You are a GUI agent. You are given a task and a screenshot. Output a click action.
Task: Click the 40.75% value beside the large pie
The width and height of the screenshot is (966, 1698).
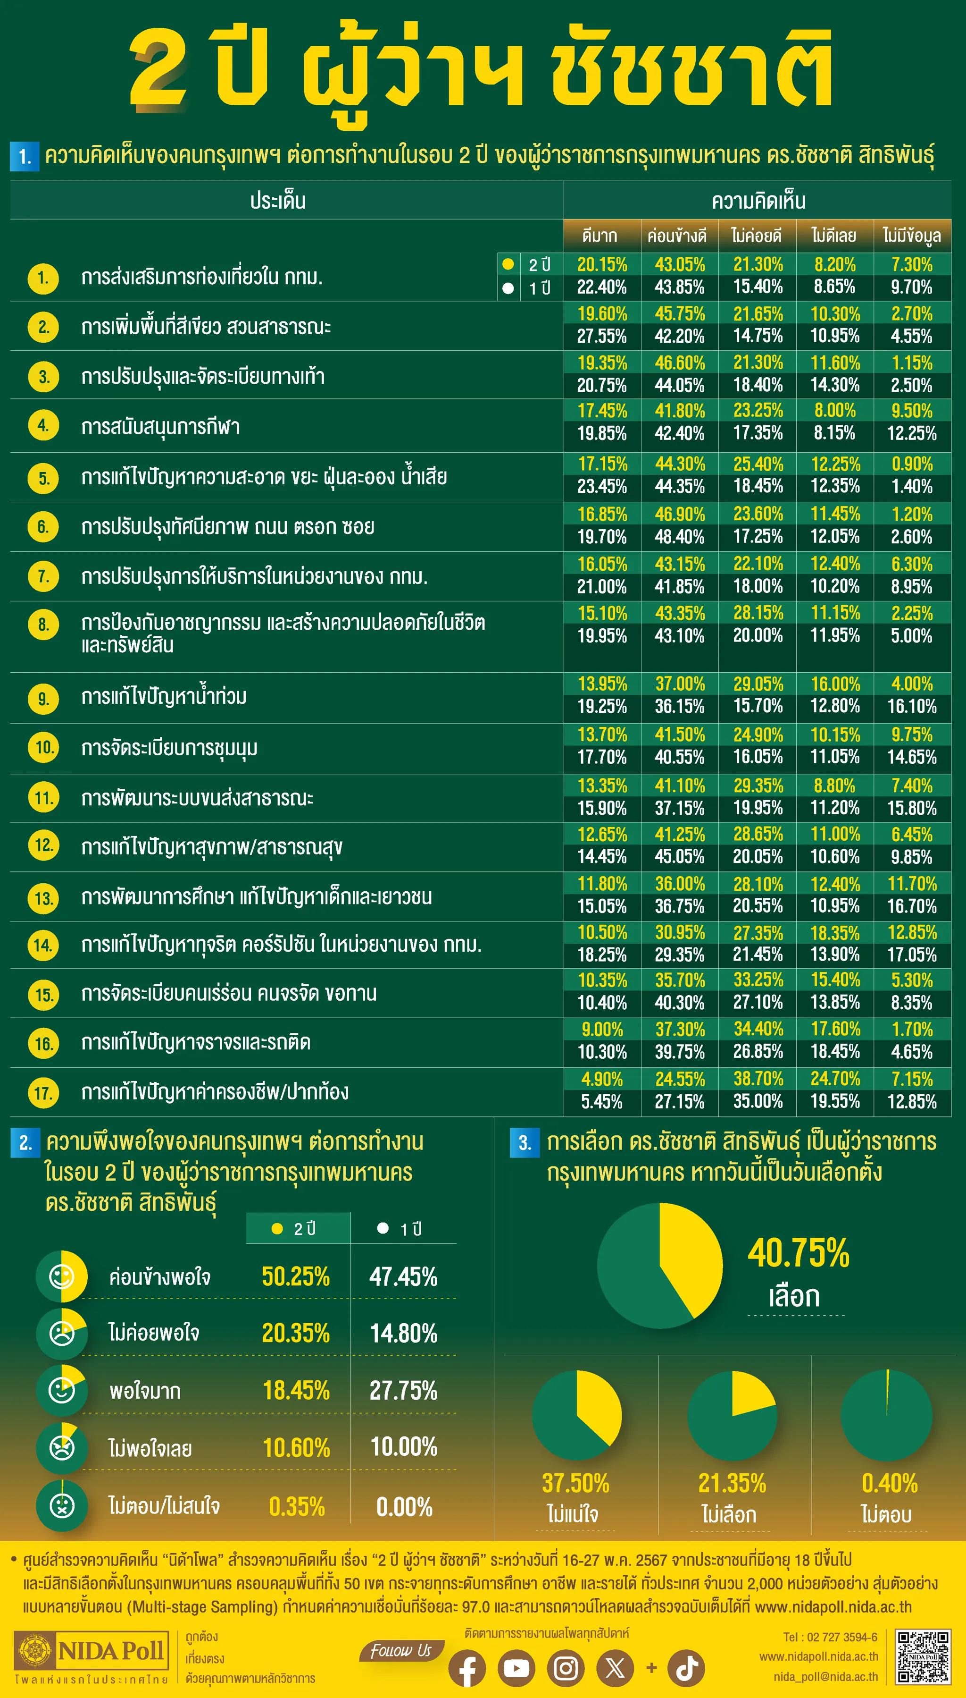[x=798, y=1253]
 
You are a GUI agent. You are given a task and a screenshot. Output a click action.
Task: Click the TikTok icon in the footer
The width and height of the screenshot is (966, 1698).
[x=686, y=1668]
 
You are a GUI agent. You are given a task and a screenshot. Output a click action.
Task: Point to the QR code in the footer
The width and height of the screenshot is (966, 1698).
[x=923, y=1657]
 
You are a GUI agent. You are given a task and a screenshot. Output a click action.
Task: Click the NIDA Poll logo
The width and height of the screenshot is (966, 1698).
[x=92, y=1650]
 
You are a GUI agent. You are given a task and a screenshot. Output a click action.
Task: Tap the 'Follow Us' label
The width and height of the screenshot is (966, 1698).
[x=401, y=1650]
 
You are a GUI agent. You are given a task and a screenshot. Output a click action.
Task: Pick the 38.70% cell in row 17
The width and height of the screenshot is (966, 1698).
[x=758, y=1079]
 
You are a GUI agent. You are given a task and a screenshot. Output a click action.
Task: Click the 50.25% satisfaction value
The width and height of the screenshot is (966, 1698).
[x=296, y=1276]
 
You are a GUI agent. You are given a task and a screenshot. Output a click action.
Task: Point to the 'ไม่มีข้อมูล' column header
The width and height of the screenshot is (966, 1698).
[x=912, y=236]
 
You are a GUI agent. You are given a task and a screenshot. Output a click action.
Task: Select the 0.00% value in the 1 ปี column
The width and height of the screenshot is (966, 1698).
[x=404, y=1507]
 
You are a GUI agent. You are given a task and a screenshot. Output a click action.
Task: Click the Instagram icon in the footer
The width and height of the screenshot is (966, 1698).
[x=566, y=1668]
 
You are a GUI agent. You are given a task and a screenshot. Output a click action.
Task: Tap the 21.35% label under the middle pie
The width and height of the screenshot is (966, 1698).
[x=732, y=1483]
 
